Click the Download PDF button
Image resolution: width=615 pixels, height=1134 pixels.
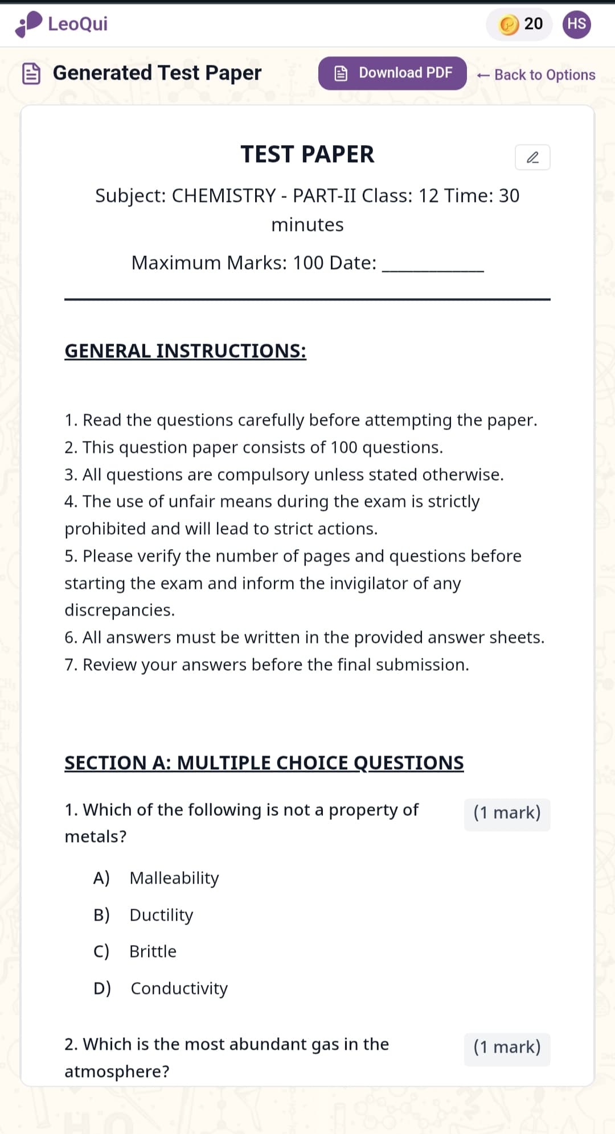(392, 73)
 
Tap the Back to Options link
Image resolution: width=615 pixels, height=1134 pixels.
(536, 75)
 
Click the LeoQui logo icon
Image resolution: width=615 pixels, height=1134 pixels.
(29, 24)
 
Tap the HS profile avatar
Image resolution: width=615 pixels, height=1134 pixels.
(576, 24)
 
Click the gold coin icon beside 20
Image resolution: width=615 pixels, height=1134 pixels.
(509, 24)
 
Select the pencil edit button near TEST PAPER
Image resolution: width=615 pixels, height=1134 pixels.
(532, 158)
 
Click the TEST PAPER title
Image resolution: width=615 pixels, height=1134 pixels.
(307, 154)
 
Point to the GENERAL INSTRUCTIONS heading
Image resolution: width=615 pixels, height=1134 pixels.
(185, 351)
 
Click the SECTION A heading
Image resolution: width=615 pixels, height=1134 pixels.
(264, 762)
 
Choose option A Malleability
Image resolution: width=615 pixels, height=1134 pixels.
(174, 878)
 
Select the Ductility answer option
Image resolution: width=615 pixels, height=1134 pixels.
(161, 915)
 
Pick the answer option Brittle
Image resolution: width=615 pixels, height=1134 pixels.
(153, 951)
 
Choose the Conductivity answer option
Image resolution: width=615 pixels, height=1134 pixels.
(179, 988)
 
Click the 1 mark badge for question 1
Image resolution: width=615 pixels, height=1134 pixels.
(507, 813)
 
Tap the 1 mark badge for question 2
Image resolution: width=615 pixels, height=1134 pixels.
(507, 1048)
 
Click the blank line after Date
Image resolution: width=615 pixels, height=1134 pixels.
(433, 265)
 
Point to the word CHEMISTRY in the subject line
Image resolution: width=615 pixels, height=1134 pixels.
(224, 196)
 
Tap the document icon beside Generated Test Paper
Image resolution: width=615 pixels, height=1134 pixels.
(31, 73)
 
